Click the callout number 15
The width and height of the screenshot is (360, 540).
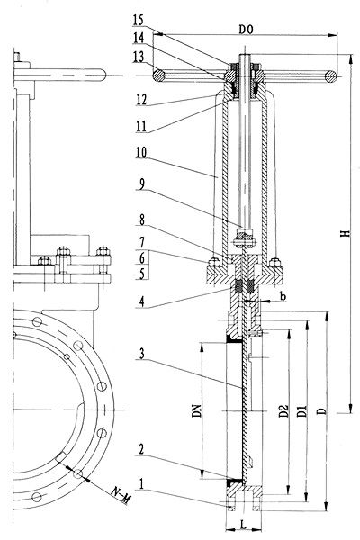(138, 20)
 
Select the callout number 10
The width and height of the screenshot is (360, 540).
(141, 152)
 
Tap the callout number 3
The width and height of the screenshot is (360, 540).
(142, 354)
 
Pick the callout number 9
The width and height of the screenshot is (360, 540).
(142, 184)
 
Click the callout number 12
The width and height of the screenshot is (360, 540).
(141, 100)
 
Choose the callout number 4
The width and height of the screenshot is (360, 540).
(141, 301)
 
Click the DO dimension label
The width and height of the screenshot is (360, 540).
(246, 30)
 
